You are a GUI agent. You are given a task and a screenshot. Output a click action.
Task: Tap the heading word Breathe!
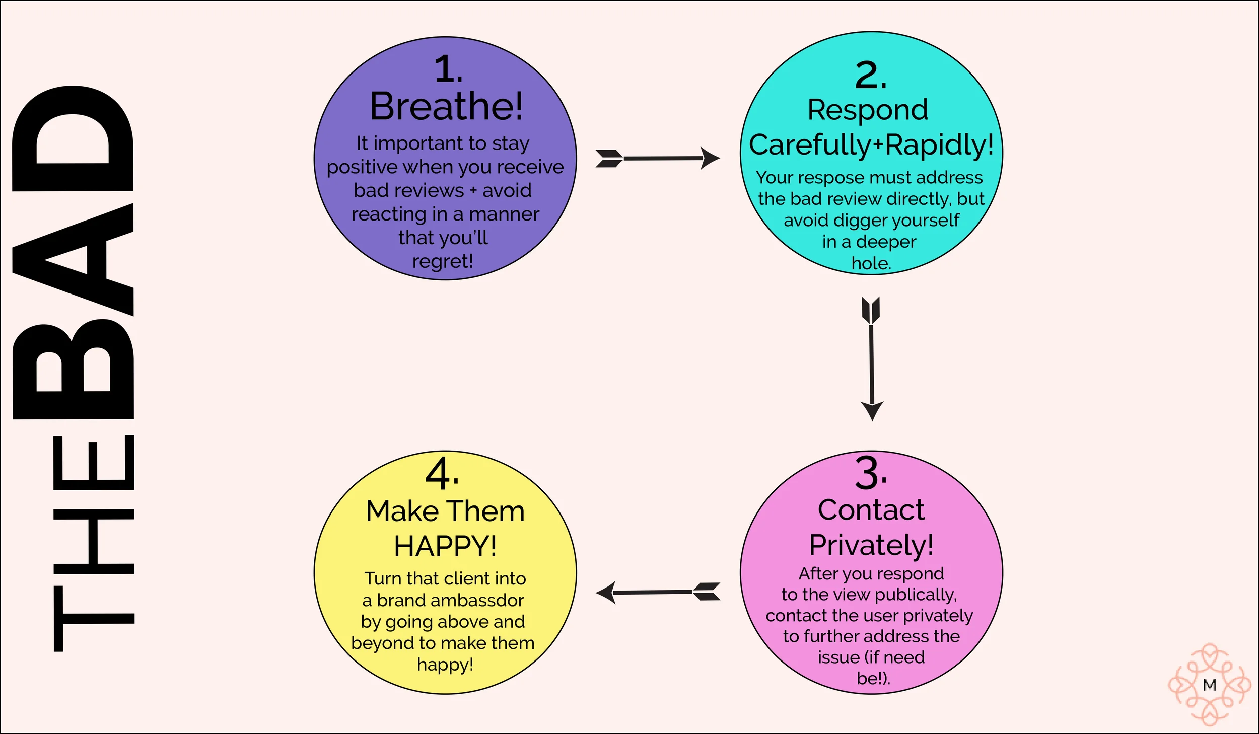[447, 106]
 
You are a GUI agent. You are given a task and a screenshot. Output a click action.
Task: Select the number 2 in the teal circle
[871, 76]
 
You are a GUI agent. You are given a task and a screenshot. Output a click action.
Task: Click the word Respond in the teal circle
[868, 110]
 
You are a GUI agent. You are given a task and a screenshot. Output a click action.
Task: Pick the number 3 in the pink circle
[871, 473]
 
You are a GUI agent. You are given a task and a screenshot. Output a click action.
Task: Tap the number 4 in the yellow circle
[442, 473]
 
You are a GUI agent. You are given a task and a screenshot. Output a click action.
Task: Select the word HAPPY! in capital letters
[446, 546]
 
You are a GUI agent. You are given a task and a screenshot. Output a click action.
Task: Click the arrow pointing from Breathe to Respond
[658, 158]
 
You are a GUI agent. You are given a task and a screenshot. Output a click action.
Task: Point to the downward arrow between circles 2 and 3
[872, 358]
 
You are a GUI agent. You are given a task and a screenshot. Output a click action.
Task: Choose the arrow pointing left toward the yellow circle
[658, 593]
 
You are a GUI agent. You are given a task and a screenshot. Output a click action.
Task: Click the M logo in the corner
[1210, 685]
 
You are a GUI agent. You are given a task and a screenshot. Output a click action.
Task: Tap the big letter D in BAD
[73, 138]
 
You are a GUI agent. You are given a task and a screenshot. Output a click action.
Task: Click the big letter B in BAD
[73, 369]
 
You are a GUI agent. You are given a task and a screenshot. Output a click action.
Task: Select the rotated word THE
[94, 543]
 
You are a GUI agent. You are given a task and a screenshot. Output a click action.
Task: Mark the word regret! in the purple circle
[443, 261]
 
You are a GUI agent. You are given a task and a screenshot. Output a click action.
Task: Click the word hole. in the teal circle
[871, 263]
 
